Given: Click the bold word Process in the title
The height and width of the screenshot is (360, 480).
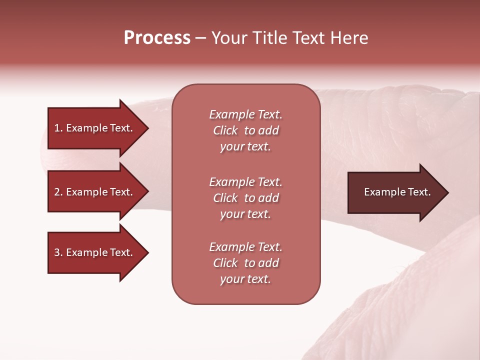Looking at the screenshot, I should [157, 38].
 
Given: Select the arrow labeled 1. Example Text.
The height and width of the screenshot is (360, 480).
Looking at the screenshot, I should [95, 128].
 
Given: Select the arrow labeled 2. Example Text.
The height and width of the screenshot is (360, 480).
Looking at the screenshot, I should [95, 192].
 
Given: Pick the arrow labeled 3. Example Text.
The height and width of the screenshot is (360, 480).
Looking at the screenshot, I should [95, 252].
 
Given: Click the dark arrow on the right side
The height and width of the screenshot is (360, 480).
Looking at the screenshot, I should [395, 192].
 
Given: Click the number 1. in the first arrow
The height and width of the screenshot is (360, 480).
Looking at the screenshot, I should [58, 128].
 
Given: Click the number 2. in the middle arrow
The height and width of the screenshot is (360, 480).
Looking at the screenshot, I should [58, 192].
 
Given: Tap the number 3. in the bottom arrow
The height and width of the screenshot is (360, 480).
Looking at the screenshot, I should [58, 252].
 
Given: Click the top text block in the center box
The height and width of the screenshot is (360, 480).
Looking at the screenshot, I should [245, 130].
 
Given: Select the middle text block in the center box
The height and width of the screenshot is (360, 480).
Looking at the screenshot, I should [245, 198].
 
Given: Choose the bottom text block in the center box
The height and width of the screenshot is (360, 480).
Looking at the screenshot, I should [245, 263].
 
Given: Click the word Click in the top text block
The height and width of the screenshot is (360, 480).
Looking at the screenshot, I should [225, 130].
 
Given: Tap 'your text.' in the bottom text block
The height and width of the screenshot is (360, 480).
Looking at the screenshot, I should [245, 279].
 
